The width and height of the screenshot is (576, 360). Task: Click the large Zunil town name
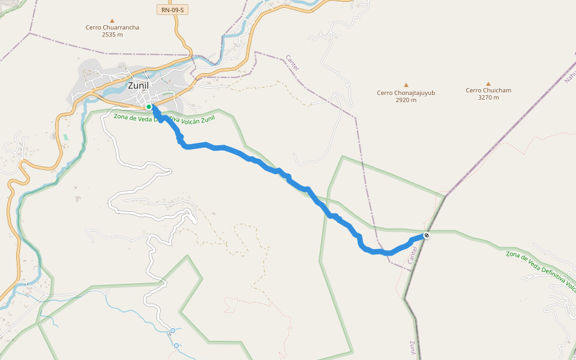[x=138, y=85]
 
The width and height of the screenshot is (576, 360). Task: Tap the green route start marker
[x=149, y=107]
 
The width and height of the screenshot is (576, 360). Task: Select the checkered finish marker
[x=425, y=236]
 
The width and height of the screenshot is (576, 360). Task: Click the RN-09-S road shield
[x=173, y=10]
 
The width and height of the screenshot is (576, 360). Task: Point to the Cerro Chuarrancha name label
[x=112, y=28]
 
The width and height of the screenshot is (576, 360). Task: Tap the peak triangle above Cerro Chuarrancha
[x=112, y=20]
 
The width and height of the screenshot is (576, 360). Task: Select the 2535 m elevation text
[x=112, y=35]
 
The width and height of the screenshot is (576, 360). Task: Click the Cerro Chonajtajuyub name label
[x=406, y=93]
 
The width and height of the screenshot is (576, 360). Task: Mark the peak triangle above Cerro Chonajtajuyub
[x=406, y=85]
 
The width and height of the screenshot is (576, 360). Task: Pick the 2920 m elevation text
[x=406, y=100]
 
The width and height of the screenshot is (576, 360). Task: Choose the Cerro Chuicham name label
[x=488, y=91]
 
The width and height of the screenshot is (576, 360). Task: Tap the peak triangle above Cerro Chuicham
[x=488, y=84]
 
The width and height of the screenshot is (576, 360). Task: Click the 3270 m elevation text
[x=488, y=98]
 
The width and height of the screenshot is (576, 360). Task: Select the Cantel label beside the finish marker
[x=412, y=254]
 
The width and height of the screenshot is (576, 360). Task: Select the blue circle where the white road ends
[x=173, y=331]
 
